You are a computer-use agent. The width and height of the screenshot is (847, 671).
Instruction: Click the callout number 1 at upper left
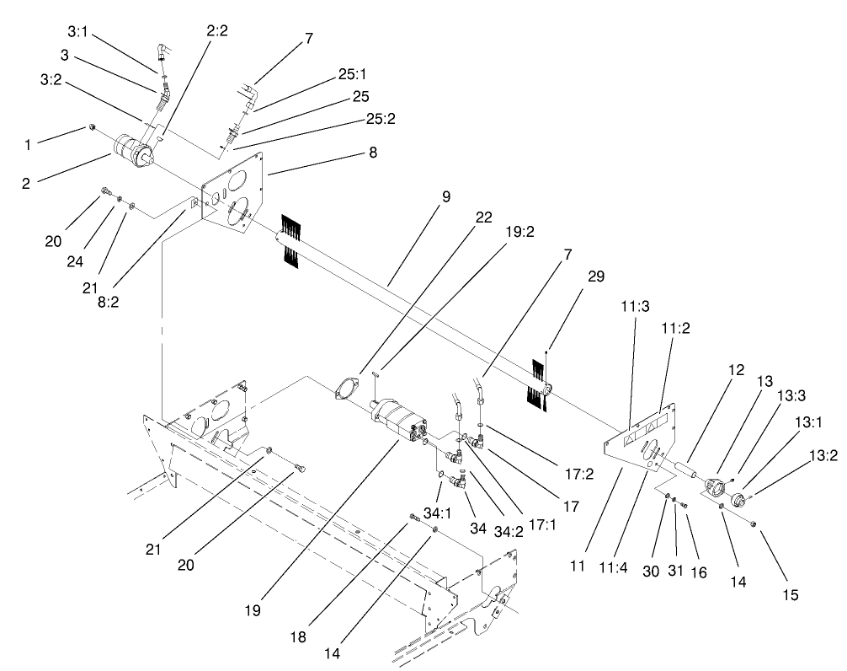tap(27, 144)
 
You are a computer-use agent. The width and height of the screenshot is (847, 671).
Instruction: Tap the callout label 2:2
tap(216, 31)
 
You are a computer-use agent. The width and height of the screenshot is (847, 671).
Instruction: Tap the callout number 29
tap(597, 276)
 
